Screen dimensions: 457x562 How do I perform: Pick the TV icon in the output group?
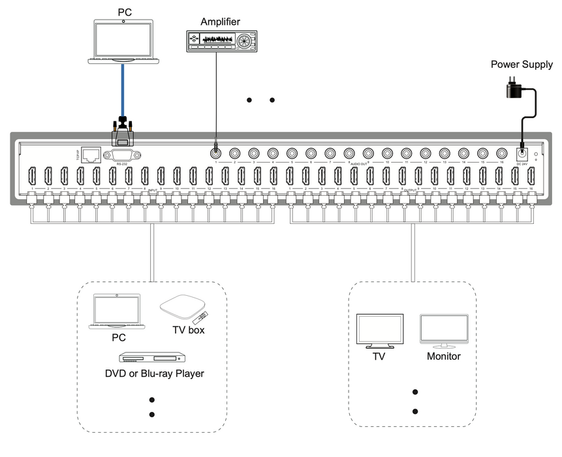[379, 331]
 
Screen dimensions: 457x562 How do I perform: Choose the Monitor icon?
[444, 331]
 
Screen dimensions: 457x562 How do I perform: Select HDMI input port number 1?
[31, 176]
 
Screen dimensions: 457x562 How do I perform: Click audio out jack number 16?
[501, 152]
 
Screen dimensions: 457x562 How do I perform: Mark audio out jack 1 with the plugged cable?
[215, 152]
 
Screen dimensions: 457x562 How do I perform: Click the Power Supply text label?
[522, 65]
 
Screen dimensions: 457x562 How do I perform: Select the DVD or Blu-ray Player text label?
[155, 374]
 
